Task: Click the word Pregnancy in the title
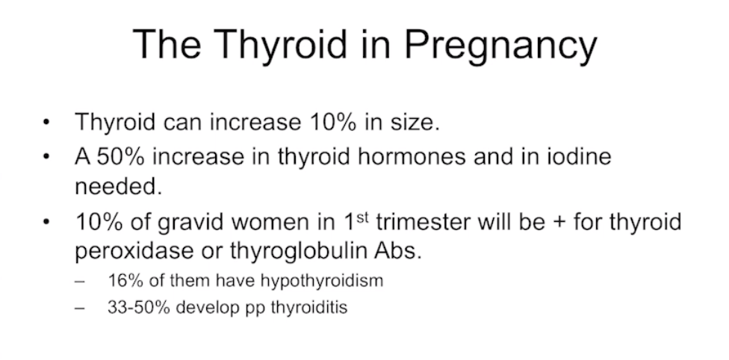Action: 500,45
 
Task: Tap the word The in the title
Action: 167,44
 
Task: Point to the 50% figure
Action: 120,156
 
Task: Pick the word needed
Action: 118,186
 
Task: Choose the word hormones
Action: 412,156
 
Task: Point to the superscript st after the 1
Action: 362,217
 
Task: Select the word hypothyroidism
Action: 322,281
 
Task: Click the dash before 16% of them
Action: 79,282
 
